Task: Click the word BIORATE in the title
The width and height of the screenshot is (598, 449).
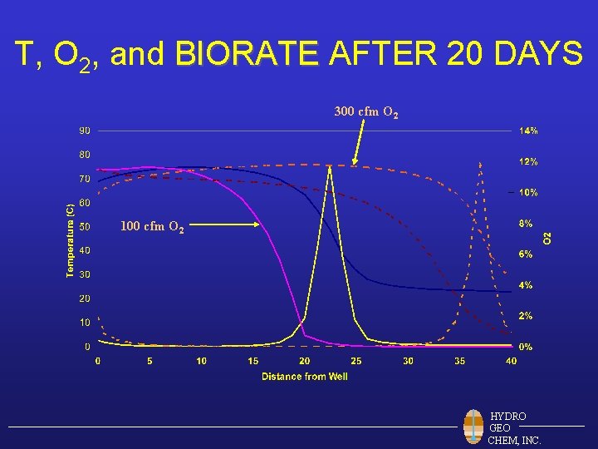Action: coord(248,55)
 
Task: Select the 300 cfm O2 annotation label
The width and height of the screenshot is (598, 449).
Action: coord(365,111)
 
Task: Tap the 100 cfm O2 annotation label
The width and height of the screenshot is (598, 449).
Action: coord(152,226)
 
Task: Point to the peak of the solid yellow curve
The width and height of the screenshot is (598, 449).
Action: coord(330,167)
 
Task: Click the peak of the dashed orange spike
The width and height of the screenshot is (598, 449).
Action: coord(480,163)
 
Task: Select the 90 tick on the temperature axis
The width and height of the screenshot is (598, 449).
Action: coord(85,131)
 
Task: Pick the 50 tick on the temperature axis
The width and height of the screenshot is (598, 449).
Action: coord(85,226)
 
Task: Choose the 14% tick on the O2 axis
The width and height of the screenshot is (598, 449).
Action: coord(528,131)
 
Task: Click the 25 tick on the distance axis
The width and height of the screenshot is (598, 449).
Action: coord(356,361)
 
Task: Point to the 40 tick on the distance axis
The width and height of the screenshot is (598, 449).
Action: coord(511,361)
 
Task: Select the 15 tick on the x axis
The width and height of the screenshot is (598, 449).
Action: coord(253,361)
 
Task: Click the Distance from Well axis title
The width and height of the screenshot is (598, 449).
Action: coord(305,377)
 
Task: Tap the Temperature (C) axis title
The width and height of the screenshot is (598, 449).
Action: coord(71,236)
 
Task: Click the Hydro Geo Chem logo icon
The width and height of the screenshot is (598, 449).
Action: coord(473,427)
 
